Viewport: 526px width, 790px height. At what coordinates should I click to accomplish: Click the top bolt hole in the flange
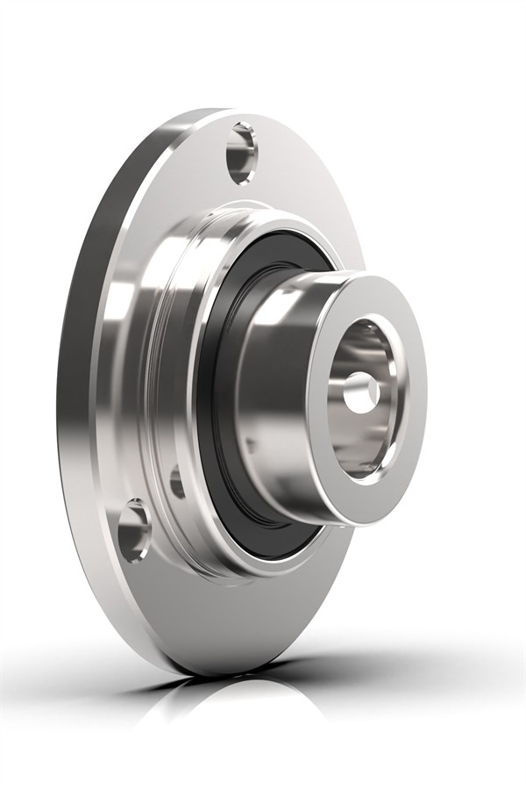point(243,153)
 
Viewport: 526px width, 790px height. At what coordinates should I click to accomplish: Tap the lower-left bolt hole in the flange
point(134,530)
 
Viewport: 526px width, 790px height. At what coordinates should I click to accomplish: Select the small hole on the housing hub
point(178,482)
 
